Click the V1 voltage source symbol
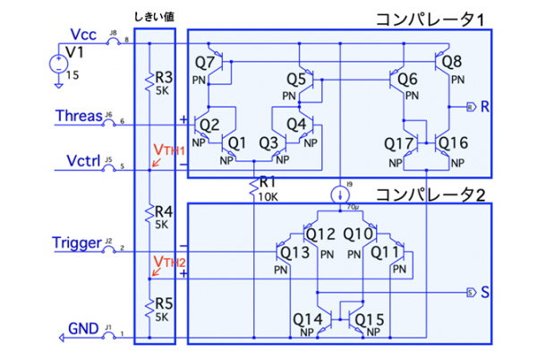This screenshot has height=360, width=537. [x=55, y=64]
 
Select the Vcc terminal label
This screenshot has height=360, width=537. [x=84, y=34]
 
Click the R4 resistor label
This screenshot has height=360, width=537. [x=163, y=212]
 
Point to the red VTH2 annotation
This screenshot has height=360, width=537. [x=168, y=261]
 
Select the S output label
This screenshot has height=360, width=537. [x=484, y=292]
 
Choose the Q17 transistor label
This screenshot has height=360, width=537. [x=398, y=142]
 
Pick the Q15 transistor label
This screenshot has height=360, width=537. [x=370, y=319]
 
